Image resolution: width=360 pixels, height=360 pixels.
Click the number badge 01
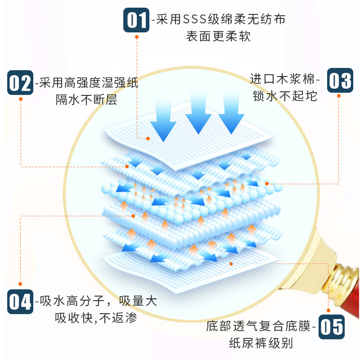[x=137, y=20]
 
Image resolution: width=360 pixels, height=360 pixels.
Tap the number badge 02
[x=20, y=83]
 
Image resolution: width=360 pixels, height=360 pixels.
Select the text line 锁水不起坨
[x=285, y=95]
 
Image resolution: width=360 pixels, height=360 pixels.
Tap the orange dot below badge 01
[x=137, y=38]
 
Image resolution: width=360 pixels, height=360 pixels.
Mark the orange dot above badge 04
[x=20, y=283]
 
